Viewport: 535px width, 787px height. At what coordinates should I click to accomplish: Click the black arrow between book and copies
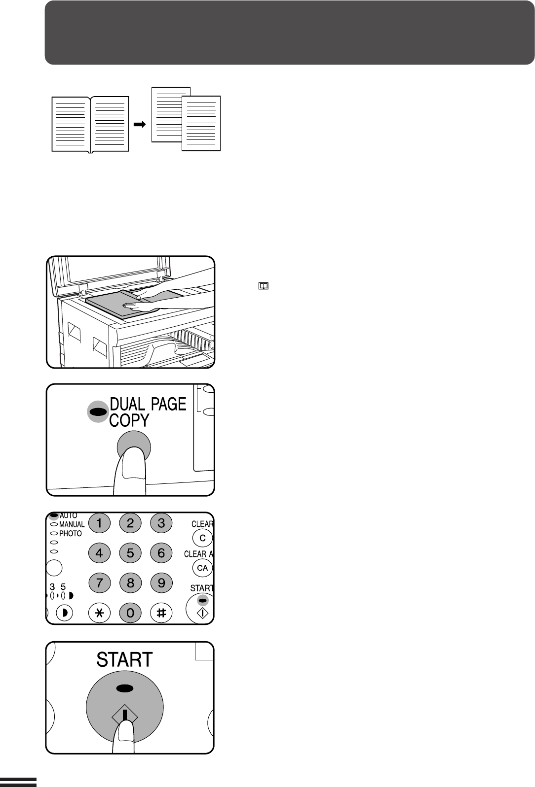[140, 124]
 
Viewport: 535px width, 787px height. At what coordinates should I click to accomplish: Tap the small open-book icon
[263, 286]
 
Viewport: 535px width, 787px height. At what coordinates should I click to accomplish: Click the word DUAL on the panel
[127, 404]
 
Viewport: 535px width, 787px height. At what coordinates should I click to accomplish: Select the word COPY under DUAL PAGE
[129, 420]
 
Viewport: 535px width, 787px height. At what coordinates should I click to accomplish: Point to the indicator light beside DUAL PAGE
[98, 411]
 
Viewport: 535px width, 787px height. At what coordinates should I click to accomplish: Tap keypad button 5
[130, 553]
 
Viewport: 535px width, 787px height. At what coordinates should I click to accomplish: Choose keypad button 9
[161, 583]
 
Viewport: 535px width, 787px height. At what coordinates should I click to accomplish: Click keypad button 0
[130, 613]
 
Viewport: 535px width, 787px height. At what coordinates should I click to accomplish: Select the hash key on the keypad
[161, 613]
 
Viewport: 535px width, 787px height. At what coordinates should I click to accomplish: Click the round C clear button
[202, 538]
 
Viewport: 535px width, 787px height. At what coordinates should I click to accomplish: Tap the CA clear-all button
[202, 568]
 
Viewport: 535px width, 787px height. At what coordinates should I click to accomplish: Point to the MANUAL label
[72, 524]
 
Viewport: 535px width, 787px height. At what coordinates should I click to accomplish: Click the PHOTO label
[71, 534]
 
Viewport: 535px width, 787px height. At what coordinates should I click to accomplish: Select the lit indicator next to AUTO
[54, 515]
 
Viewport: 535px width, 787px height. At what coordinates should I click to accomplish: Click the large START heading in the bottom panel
[124, 659]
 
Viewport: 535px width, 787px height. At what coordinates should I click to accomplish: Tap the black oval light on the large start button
[125, 688]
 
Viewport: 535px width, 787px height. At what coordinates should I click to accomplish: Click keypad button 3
[161, 523]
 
